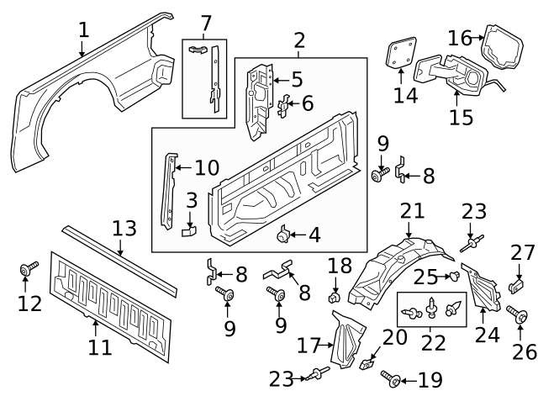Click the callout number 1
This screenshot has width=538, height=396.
pos(83,31)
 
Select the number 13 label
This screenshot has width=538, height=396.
pos(124,229)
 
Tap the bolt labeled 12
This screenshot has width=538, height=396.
pos(29,271)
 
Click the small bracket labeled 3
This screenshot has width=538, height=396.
pos(189,227)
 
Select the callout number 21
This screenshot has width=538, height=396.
pos(412,210)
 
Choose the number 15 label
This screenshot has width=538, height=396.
pos(461,115)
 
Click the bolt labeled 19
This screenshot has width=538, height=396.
pos(389,376)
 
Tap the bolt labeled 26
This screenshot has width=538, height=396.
pos(519,315)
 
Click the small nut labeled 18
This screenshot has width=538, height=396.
pos(335,296)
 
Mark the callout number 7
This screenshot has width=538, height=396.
pos(205,24)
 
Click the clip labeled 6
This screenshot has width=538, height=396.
pos(284,105)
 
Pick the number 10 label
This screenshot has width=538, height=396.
pos(206,168)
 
